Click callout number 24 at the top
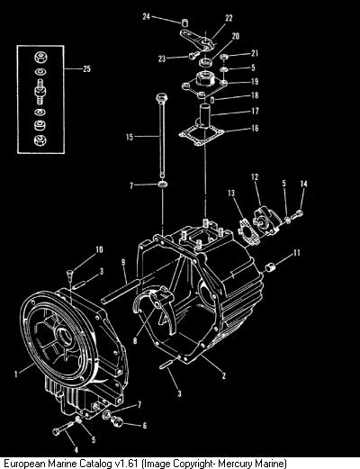146,16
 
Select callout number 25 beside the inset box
86,68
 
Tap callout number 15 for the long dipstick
130,137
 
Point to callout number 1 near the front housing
16,374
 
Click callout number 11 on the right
296,253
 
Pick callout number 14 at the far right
304,184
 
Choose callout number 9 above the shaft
123,263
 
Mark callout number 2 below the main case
224,375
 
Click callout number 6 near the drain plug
145,425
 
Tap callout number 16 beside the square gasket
255,128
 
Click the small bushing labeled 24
185,23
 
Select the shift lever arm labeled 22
198,40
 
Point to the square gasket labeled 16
202,135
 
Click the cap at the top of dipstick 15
162,98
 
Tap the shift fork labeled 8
154,307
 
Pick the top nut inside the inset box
40,58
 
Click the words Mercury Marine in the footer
251,464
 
